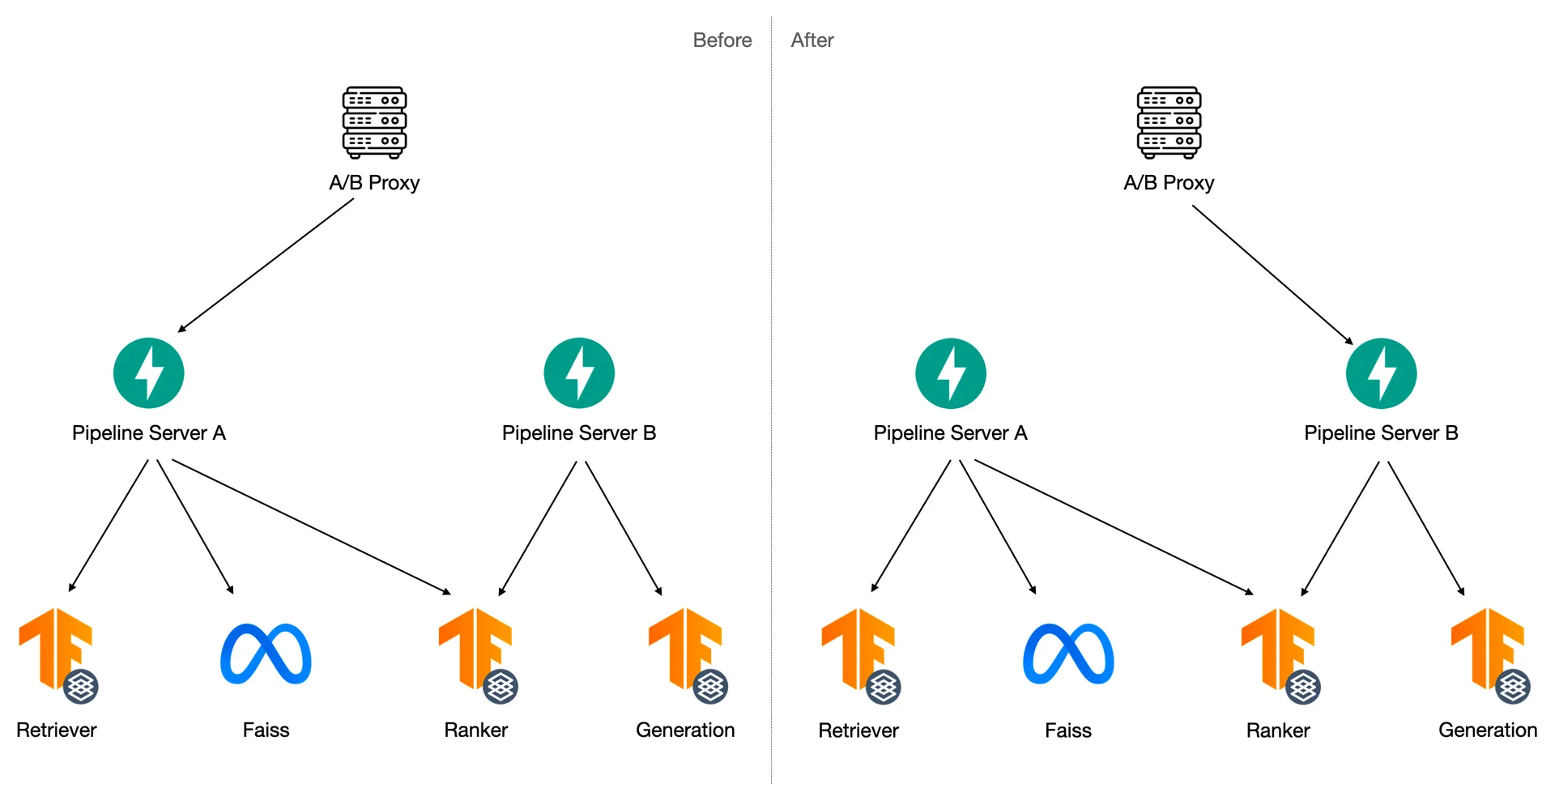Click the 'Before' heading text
[722, 40]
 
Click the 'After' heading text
[812, 40]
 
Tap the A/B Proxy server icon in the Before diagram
[374, 121]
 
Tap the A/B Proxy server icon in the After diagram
[1169, 121]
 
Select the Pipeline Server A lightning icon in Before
[149, 373]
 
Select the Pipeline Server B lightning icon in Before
[579, 373]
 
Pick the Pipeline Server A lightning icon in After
[951, 373]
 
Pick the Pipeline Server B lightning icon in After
[1381, 373]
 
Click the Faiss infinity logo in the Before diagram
[266, 654]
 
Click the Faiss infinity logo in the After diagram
[1068, 654]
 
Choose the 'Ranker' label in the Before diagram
[475, 730]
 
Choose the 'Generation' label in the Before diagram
[685, 730]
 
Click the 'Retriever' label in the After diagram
[858, 730]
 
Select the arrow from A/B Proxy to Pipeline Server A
[266, 266]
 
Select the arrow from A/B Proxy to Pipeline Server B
[1272, 275]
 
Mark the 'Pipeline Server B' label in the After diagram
[1381, 433]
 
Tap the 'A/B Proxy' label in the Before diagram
[374, 183]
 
